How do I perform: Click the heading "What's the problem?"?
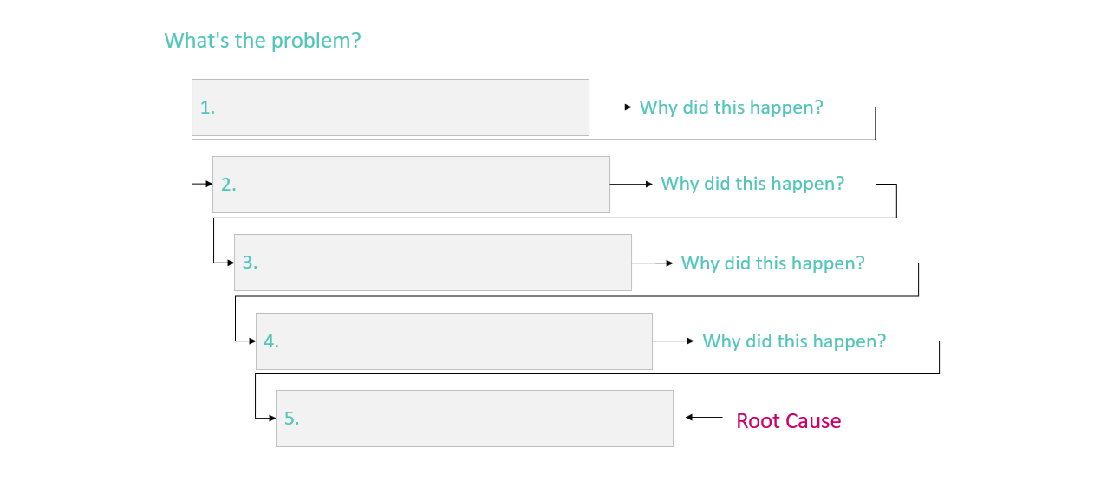(x=263, y=41)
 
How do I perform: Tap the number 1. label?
(x=207, y=107)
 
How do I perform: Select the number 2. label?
(x=228, y=185)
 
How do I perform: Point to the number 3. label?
(x=250, y=263)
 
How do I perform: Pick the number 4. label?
(x=271, y=341)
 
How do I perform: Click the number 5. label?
(x=291, y=419)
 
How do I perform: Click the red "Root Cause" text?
(x=789, y=421)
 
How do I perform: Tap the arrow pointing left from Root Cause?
(x=704, y=418)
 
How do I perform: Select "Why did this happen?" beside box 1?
(x=732, y=107)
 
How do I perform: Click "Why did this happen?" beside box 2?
(x=752, y=184)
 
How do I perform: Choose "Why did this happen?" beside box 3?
(x=773, y=263)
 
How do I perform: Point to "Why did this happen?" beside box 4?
(x=795, y=341)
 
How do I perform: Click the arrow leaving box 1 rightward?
(x=610, y=107)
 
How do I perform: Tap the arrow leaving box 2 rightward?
(x=632, y=185)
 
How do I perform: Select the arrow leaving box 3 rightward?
(x=653, y=263)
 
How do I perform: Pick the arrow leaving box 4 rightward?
(x=673, y=341)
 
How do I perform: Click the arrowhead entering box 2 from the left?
(x=209, y=184)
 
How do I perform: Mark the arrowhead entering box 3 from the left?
(x=231, y=263)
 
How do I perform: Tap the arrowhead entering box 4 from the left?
(x=252, y=341)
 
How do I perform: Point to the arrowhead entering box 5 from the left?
(x=272, y=418)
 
